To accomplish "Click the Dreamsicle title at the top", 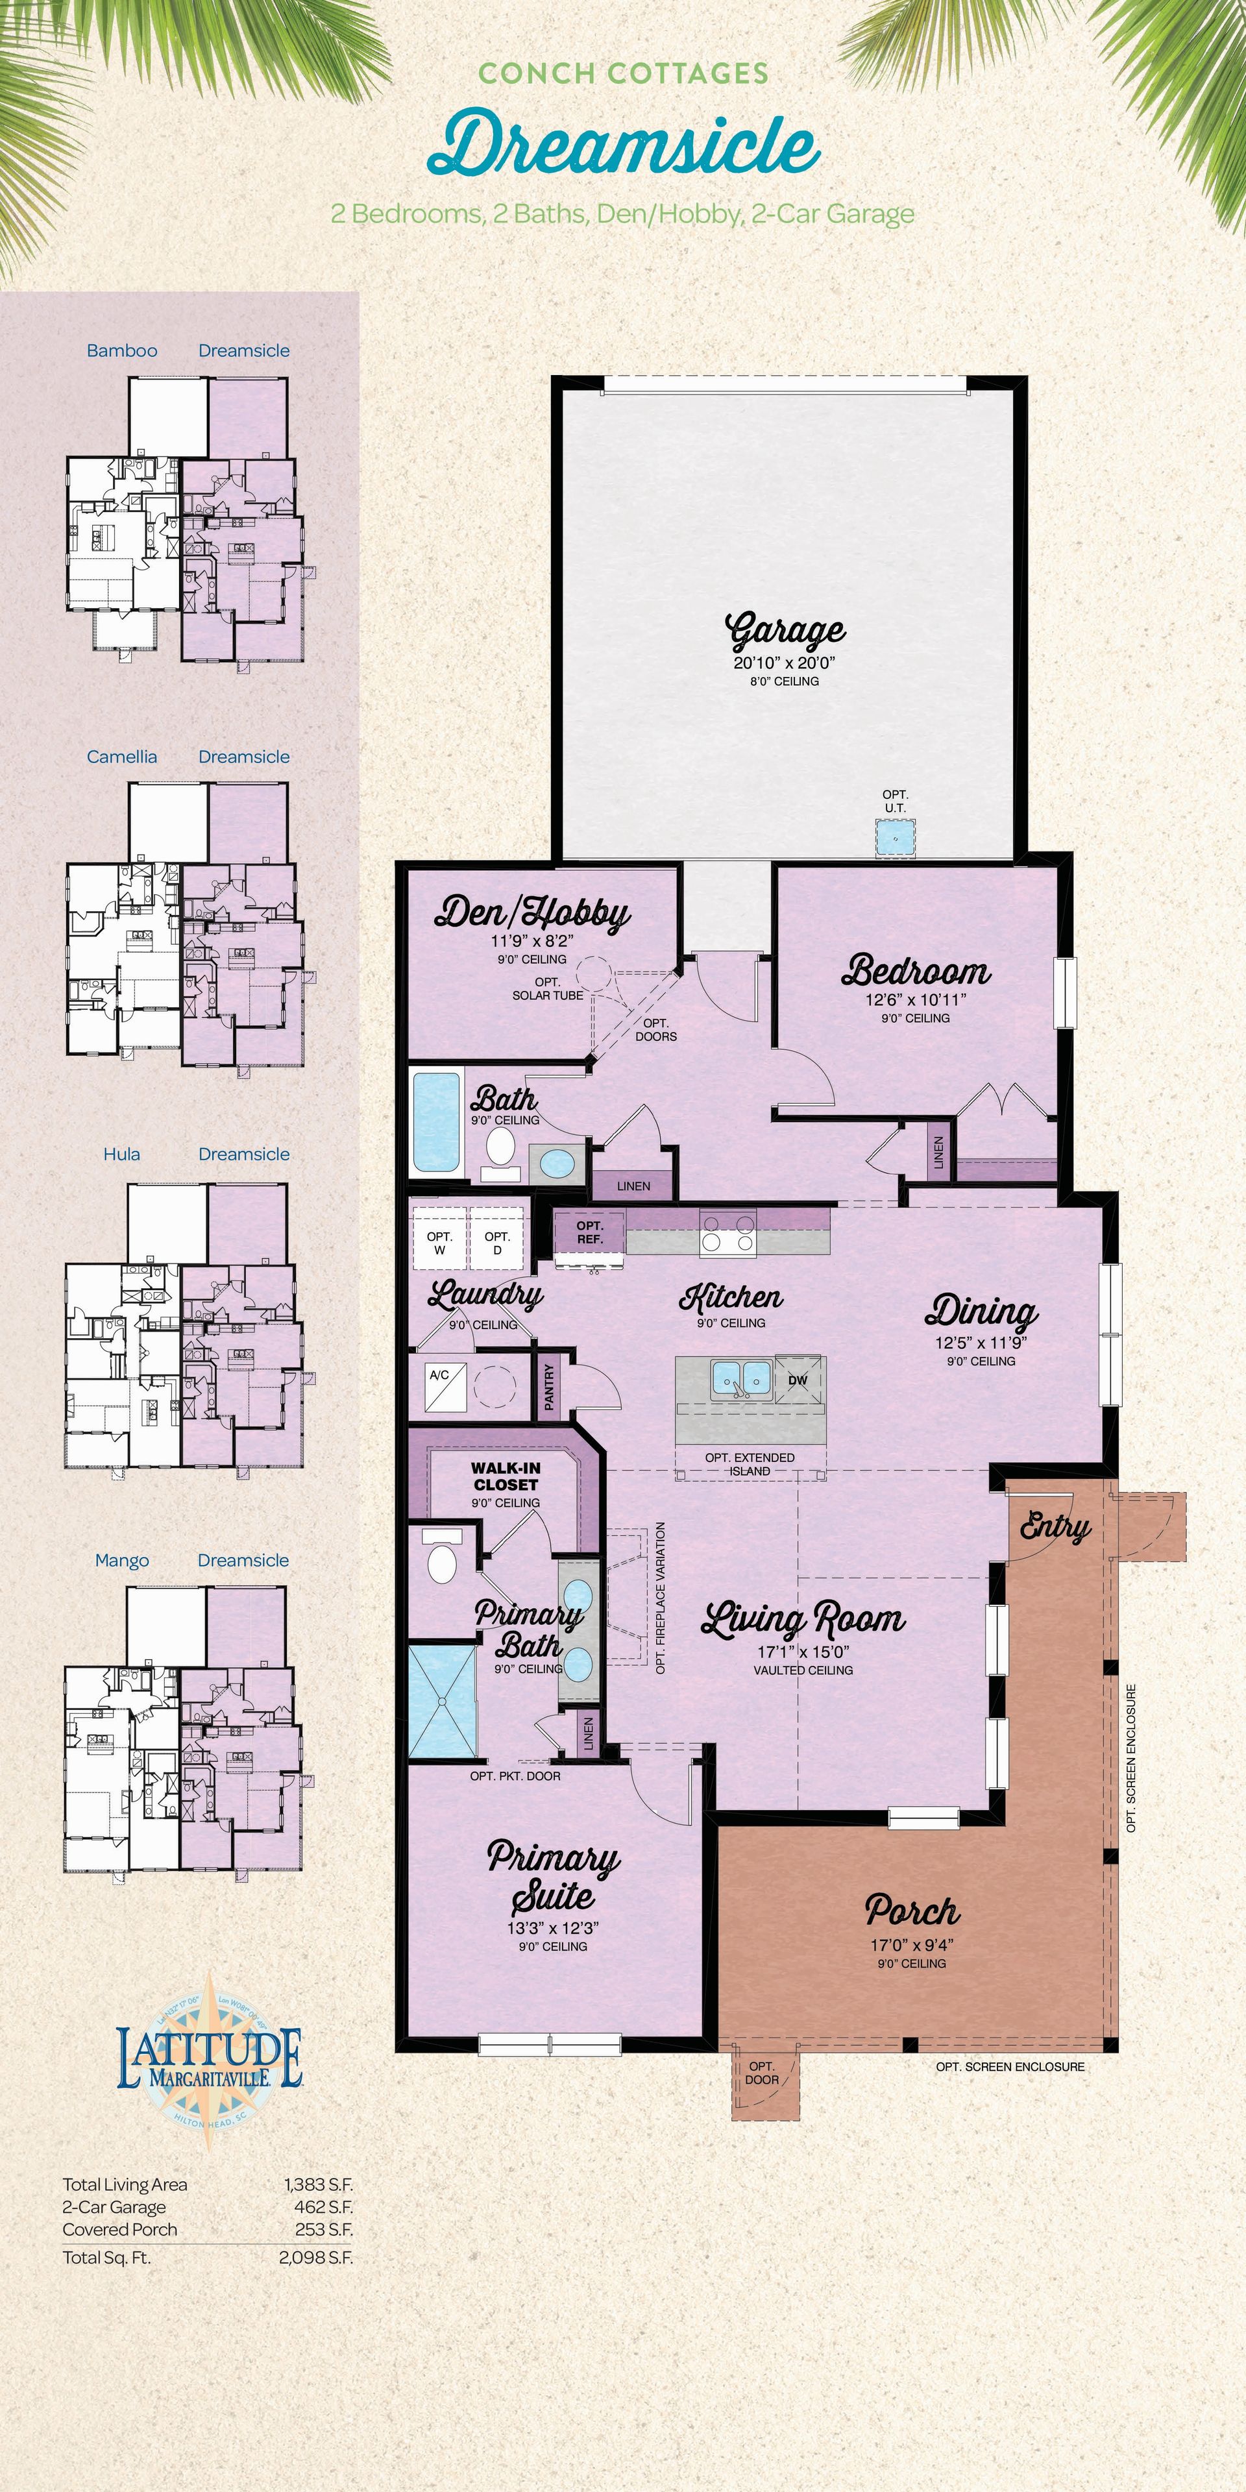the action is tap(624, 148).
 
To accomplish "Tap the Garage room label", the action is tap(785, 631).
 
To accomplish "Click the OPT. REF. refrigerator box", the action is tap(589, 1232).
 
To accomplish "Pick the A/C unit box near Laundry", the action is tap(440, 1388).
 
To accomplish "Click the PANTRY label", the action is tap(550, 1387).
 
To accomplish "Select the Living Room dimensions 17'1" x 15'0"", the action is tap(803, 1652).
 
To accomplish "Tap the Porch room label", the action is tap(912, 1911).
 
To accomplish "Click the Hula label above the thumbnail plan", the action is tap(122, 1154).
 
